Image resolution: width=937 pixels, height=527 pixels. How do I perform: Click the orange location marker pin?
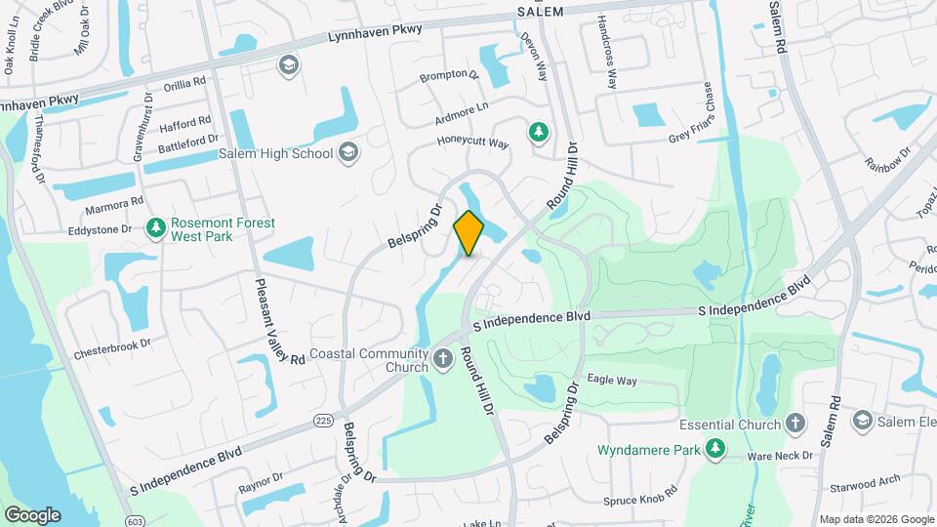tap(468, 233)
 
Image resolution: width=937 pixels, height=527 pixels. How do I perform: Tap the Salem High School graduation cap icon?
tap(349, 153)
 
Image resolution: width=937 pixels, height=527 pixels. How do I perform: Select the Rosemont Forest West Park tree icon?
tap(155, 228)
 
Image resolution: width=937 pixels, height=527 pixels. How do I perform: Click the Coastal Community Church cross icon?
tap(444, 360)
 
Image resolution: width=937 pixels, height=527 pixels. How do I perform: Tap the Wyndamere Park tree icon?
tap(716, 449)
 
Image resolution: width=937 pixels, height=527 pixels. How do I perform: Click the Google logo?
tap(32, 514)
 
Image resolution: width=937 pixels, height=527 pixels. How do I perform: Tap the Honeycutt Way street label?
tap(472, 144)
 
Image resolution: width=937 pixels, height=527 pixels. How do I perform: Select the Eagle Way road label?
tap(612, 381)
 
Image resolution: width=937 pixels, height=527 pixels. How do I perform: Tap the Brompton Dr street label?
tap(449, 74)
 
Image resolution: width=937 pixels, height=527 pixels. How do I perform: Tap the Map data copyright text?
tap(876, 519)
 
